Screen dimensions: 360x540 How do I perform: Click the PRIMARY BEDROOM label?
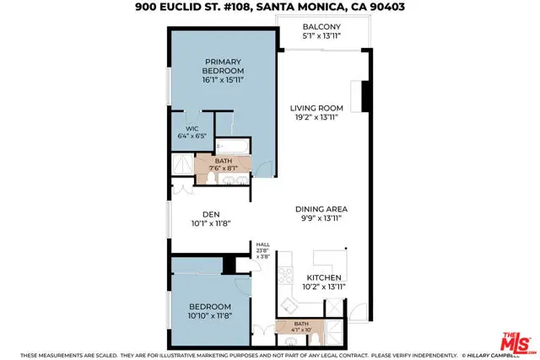(223, 67)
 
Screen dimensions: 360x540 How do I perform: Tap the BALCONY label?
(323, 26)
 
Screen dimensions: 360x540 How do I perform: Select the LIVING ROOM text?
(316, 108)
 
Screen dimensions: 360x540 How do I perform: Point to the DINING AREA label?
(321, 208)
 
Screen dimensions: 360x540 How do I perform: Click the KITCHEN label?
(323, 277)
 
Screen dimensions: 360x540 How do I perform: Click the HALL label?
(262, 244)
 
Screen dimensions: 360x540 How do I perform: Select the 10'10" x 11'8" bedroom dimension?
(210, 315)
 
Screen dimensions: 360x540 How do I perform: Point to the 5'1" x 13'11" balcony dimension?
(323, 36)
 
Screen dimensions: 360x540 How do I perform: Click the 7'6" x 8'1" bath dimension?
(224, 167)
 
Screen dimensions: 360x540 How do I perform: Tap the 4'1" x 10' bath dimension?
(301, 330)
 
